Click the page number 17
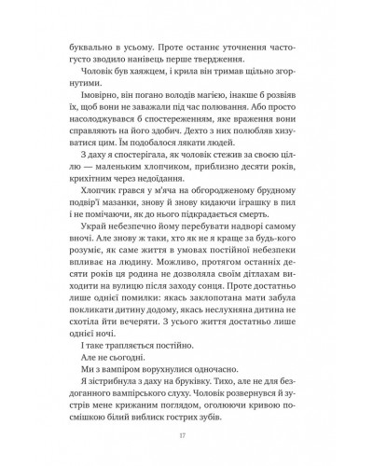[186, 433]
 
